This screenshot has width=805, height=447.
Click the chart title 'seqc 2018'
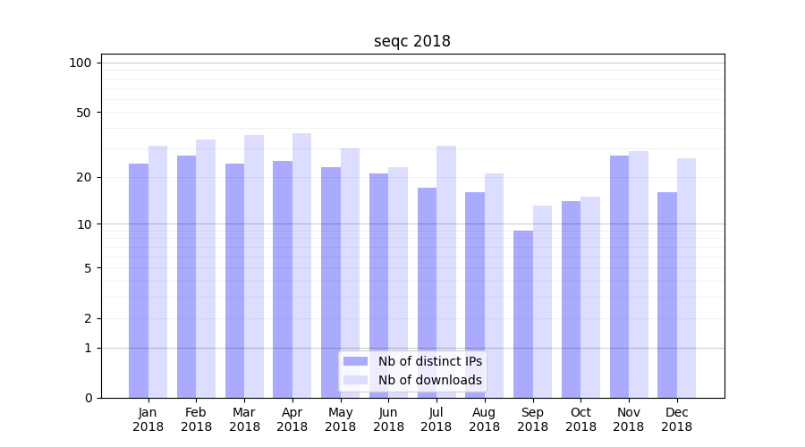click(411, 42)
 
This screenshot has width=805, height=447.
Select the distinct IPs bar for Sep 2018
click(523, 314)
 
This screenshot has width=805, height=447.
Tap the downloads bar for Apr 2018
click(301, 266)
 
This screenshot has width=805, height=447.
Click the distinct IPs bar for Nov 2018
click(619, 276)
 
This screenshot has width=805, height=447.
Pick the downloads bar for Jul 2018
click(445, 272)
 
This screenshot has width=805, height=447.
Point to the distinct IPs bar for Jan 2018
click(139, 281)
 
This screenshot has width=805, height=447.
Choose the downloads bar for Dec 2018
click(686, 278)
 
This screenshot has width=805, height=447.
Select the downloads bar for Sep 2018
click(542, 301)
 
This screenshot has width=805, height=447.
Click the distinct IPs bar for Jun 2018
click(378, 285)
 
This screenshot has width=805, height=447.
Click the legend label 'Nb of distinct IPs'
click(429, 361)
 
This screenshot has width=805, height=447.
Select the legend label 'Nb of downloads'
click(429, 380)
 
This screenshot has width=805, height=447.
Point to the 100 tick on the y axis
click(80, 63)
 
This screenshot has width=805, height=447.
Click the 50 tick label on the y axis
click(83, 113)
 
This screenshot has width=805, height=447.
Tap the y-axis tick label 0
click(88, 398)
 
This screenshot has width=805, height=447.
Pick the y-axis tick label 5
click(88, 267)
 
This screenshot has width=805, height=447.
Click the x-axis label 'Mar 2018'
click(244, 419)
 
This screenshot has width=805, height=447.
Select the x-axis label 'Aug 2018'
click(484, 419)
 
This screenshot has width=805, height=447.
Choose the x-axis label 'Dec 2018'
click(676, 419)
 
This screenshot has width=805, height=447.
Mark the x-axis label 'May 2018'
click(340, 419)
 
